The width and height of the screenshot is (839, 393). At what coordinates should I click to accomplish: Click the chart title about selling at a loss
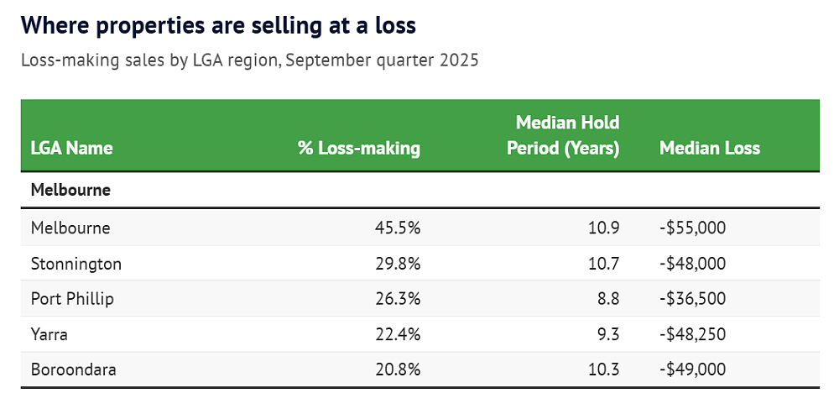pos(218,26)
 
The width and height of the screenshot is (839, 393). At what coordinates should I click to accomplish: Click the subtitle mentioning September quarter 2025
pos(250,60)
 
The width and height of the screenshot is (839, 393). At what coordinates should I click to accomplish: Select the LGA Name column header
pos(71,148)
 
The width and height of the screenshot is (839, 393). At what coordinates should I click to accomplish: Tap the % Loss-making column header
pos(359,148)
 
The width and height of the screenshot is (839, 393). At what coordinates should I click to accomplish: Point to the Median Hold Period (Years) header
pos(563,135)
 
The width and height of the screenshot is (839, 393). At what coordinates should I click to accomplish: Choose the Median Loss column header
pos(710,148)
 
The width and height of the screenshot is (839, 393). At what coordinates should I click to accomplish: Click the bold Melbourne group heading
pos(70,190)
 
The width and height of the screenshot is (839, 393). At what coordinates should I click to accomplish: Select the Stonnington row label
pos(76,264)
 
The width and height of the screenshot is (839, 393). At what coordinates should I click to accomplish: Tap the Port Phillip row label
pos(72,299)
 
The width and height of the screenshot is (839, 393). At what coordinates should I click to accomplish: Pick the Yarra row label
pos(50,335)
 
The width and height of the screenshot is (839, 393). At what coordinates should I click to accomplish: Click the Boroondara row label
pos(73,369)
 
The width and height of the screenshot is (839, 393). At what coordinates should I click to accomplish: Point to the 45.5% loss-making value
pos(398,228)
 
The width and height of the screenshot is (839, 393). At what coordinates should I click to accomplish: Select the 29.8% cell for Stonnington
pos(398,264)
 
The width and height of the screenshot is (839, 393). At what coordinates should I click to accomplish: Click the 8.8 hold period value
pos(608,299)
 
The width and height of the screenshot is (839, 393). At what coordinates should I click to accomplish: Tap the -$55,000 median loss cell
pos(692,228)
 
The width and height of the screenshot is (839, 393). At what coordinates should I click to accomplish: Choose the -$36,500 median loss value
pos(692,299)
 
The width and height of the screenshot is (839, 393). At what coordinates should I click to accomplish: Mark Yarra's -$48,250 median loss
pos(692,335)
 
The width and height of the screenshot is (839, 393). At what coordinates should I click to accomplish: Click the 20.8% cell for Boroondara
pos(398,369)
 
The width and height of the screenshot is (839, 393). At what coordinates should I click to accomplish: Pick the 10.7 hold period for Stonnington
pos(604,264)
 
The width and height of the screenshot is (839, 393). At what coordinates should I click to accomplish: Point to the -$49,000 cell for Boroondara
pos(692,369)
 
